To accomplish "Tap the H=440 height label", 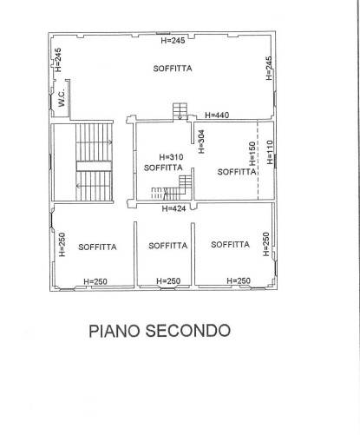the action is [x=217, y=115].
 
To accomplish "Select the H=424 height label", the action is [x=173, y=208].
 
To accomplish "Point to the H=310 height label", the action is [x=171, y=157].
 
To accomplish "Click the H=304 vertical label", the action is [x=201, y=142].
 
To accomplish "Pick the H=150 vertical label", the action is [x=252, y=154].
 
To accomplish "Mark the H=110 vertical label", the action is [x=270, y=152].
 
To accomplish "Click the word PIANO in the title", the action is [x=115, y=331].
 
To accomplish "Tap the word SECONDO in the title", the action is [x=188, y=331].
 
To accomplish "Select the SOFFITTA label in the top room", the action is [x=173, y=69].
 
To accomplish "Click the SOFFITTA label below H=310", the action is [x=163, y=168].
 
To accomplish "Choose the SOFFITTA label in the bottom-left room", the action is [x=97, y=247].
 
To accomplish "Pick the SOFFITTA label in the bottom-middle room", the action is [x=168, y=246].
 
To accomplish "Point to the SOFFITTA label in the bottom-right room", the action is [x=230, y=245].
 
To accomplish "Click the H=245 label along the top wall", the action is [x=173, y=40].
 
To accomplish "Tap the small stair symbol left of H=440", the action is [x=180, y=111].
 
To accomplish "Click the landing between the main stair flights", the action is [x=94, y=166].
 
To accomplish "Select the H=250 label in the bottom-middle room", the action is [x=168, y=280].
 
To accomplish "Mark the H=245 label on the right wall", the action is [x=269, y=69].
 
